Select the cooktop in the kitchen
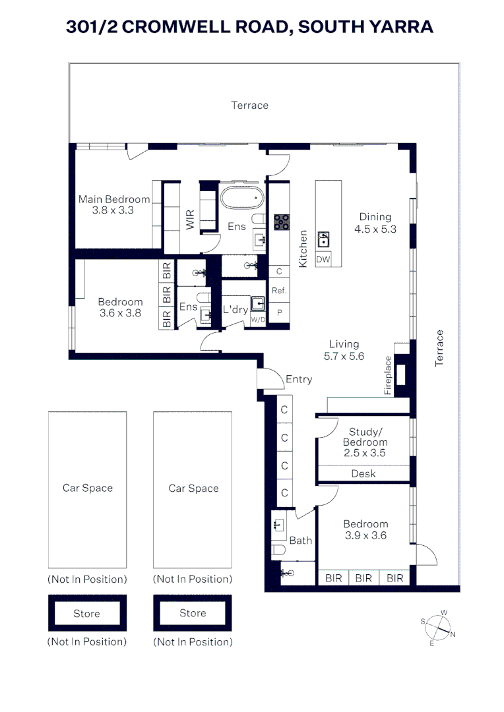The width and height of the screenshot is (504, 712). pos(282,222)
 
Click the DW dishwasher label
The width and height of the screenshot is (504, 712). pos(323,260)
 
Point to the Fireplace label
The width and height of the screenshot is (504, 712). pos(389,376)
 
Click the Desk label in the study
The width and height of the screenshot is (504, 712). pos(363,473)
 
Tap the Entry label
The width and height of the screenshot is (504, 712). pos(299,379)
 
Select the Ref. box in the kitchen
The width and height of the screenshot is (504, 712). pos(279,290)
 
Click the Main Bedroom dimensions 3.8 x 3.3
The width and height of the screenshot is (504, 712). pos(113,210)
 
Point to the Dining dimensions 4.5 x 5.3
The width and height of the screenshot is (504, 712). pos(375,229)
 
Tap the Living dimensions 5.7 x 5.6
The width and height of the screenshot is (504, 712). pos(344,356)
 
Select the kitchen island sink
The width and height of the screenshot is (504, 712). pos(324,238)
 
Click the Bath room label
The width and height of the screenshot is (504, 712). pos(301,541)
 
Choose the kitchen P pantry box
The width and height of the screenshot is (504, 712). pos(279,312)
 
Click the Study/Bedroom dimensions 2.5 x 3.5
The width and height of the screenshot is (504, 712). pos(364,453)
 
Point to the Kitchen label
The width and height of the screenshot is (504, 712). pos(303,248)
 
